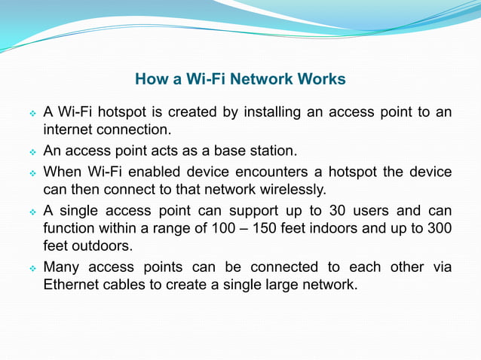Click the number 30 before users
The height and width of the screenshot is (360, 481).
(x=340, y=210)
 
